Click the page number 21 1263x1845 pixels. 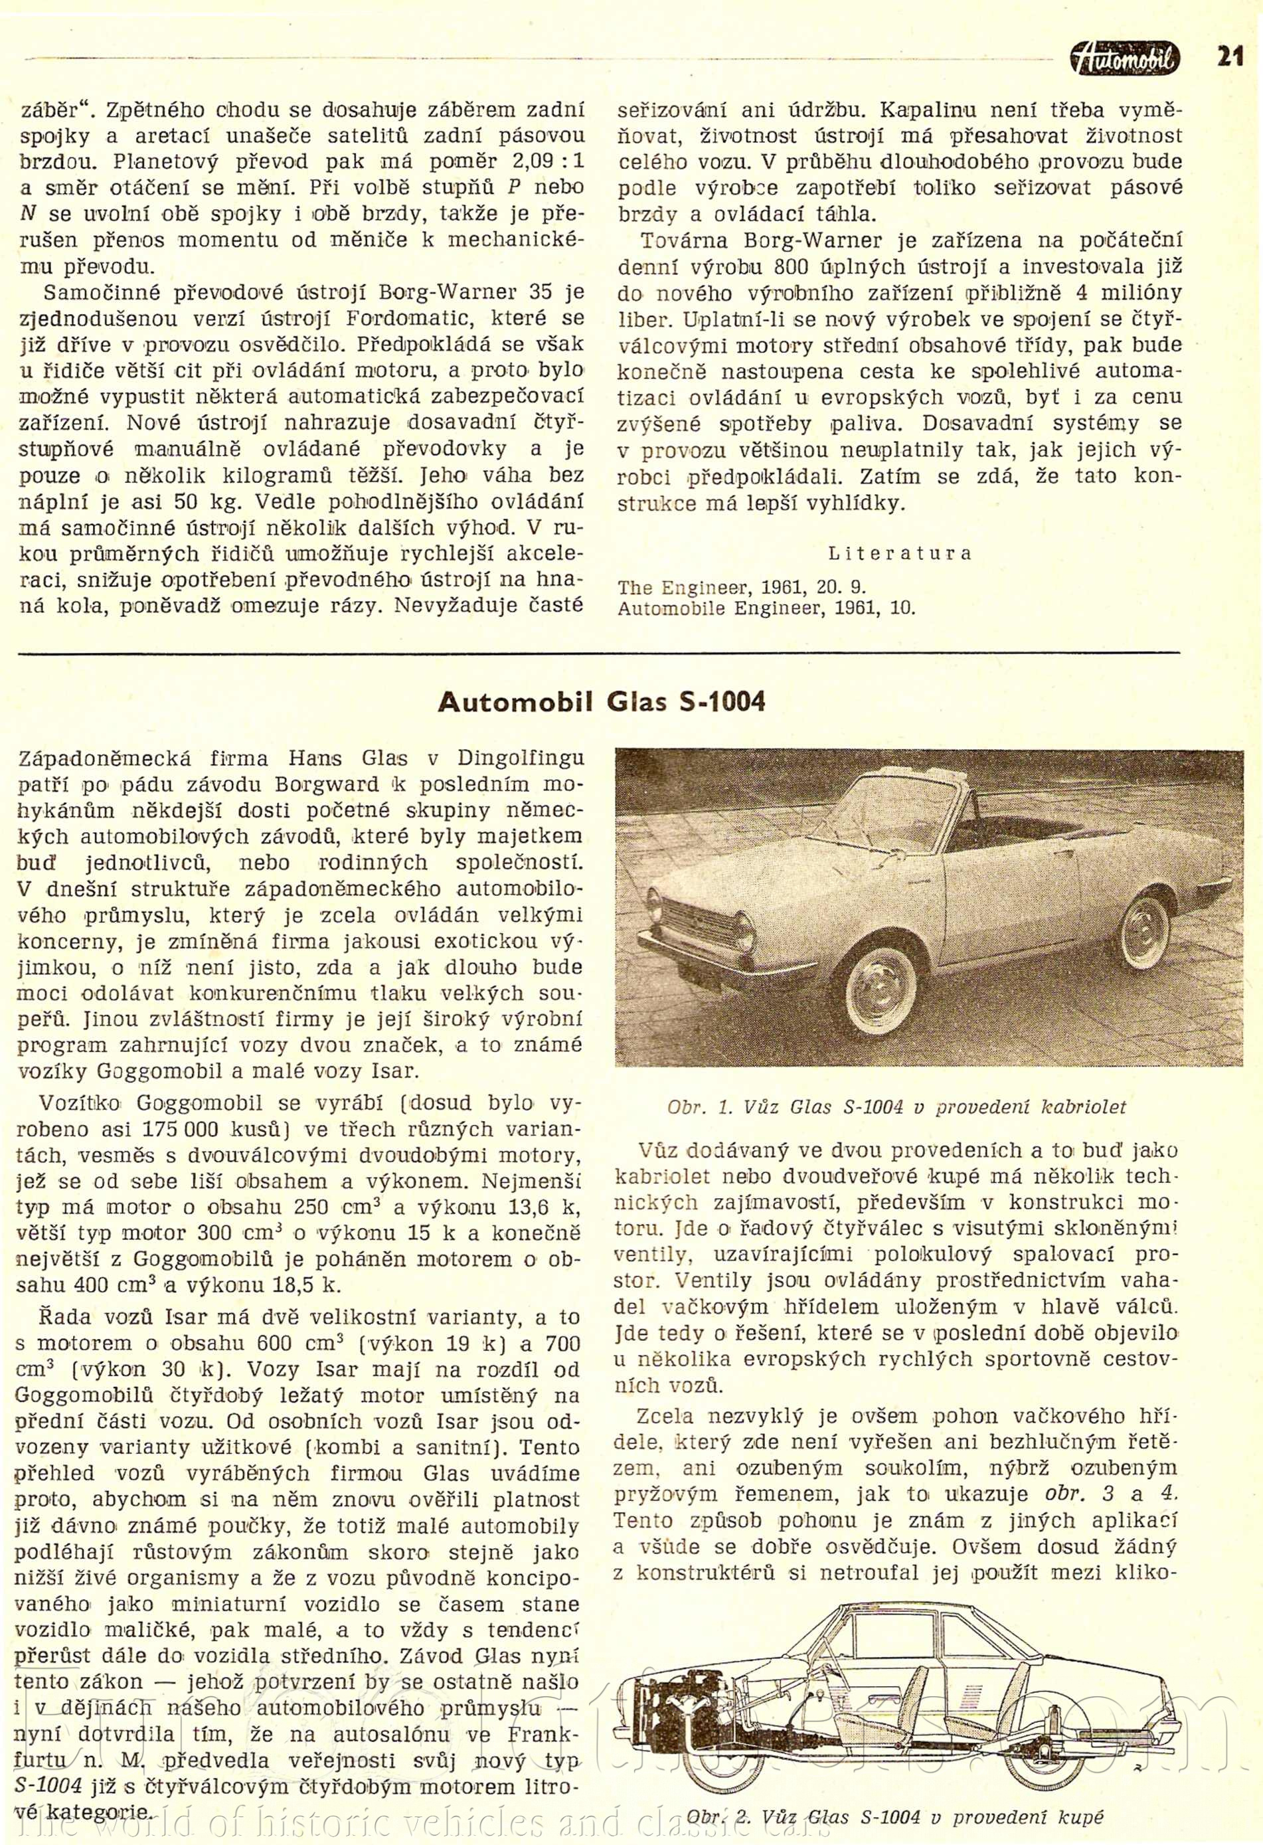coord(1229,58)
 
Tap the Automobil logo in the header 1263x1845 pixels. coord(1124,58)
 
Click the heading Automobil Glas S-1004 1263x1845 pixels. coord(601,702)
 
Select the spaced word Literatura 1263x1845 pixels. coord(899,553)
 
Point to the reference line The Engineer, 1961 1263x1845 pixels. coord(740,588)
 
